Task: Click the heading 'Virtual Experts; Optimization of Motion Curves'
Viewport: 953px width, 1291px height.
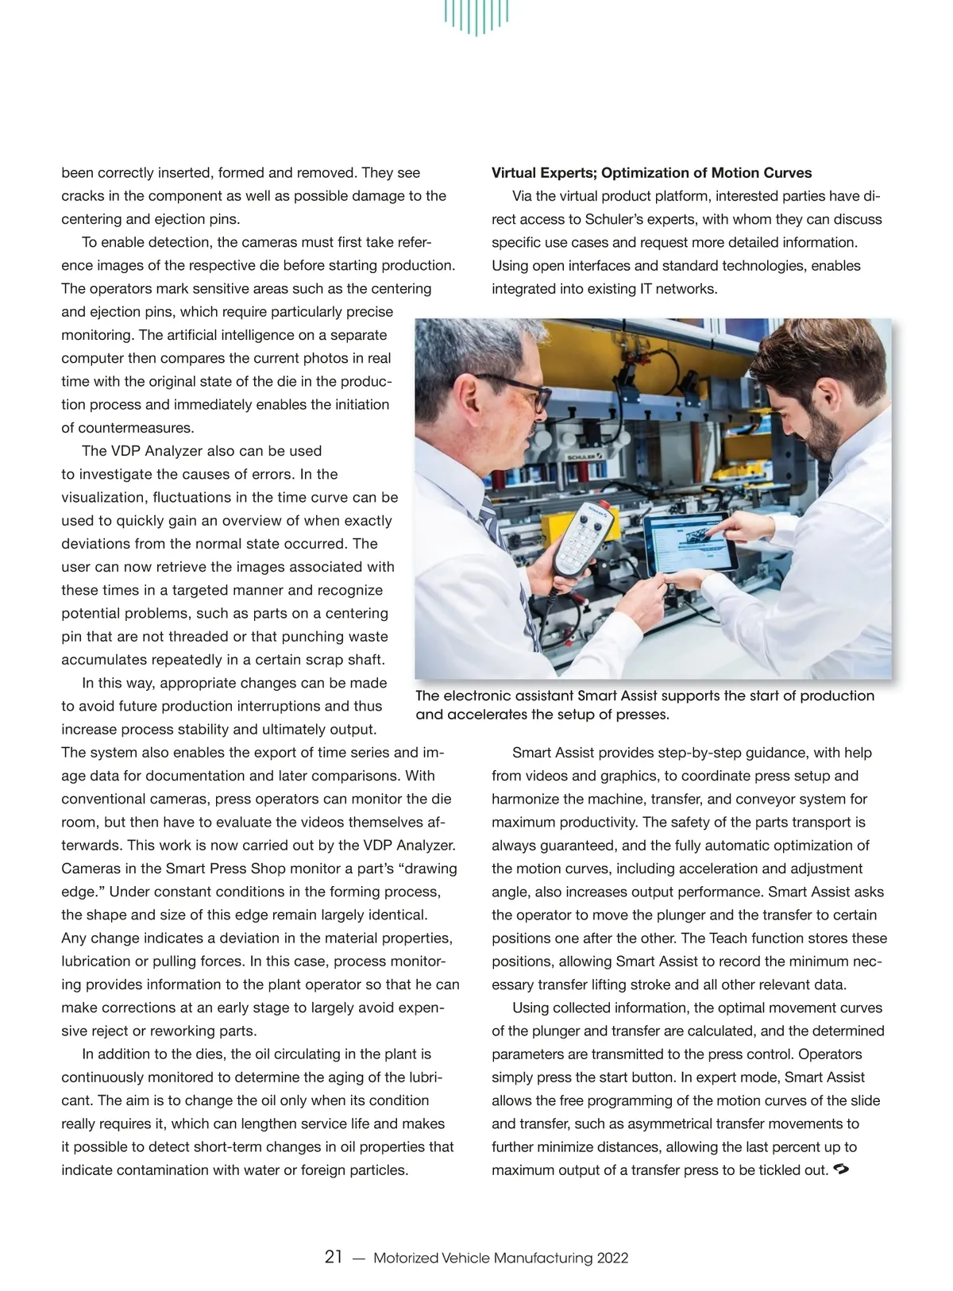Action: click(651, 173)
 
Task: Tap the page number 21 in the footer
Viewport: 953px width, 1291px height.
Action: click(334, 1257)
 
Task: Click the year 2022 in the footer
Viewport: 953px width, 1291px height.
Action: click(612, 1258)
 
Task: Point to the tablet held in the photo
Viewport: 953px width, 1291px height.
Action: click(689, 543)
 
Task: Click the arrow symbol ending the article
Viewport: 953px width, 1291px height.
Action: click(843, 1170)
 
